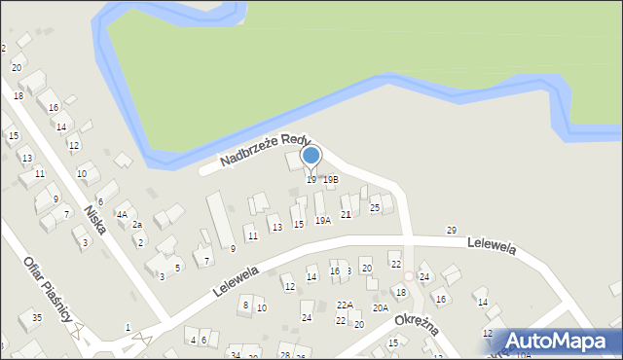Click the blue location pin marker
pyautogui.click(x=311, y=157)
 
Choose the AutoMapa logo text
pyautogui.click(x=560, y=342)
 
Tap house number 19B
pyautogui.click(x=331, y=179)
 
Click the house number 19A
pyautogui.click(x=322, y=221)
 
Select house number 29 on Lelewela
pyautogui.click(x=451, y=230)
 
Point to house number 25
pyautogui.click(x=375, y=207)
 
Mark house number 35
pyautogui.click(x=36, y=317)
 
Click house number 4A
pyautogui.click(x=122, y=215)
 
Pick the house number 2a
pyautogui.click(x=137, y=225)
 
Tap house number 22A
pyautogui.click(x=345, y=305)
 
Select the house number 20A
pyautogui.click(x=381, y=307)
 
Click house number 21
pyautogui.click(x=346, y=214)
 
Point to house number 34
pyautogui.click(x=235, y=355)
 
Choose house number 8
pyautogui.click(x=245, y=305)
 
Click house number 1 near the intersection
pyautogui.click(x=128, y=327)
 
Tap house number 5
pyautogui.click(x=176, y=268)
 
